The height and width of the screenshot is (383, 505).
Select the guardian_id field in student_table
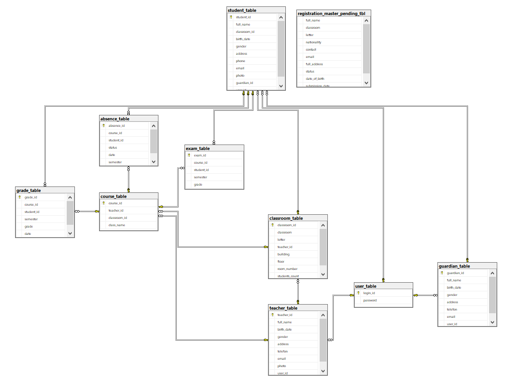coord(244,83)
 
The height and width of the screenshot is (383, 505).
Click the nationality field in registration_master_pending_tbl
coord(313,42)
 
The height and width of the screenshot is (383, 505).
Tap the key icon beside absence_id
coord(104,125)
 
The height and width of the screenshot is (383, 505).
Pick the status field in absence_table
coord(113,148)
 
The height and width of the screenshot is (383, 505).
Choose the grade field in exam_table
coord(198,185)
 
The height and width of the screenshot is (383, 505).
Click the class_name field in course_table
coord(116,225)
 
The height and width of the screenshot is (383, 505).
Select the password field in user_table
coord(370,300)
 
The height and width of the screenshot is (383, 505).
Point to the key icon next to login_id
coord(358,293)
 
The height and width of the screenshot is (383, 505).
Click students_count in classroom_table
coord(288,276)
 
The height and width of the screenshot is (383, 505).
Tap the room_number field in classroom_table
coord(287,269)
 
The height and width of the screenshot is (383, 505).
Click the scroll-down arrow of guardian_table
coord(493,322)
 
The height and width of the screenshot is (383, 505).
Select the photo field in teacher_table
coord(282,366)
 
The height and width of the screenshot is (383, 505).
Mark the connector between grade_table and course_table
coord(87,211)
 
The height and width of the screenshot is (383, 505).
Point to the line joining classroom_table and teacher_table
coord(298,291)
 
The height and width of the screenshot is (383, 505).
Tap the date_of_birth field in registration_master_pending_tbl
coord(315,79)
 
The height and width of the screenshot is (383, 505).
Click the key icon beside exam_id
coord(189,155)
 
